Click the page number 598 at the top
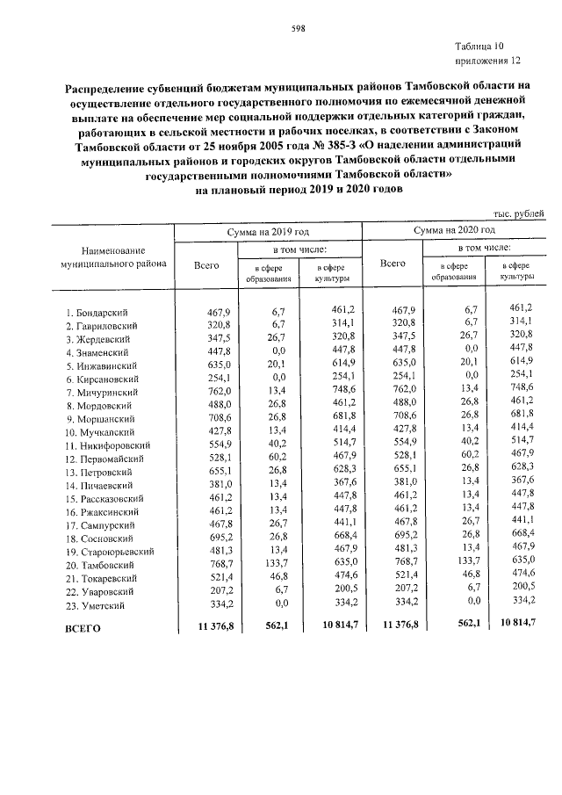tap(298, 28)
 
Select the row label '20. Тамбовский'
tap(99, 567)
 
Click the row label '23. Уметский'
tap(96, 606)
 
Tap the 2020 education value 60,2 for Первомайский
tap(465, 459)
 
